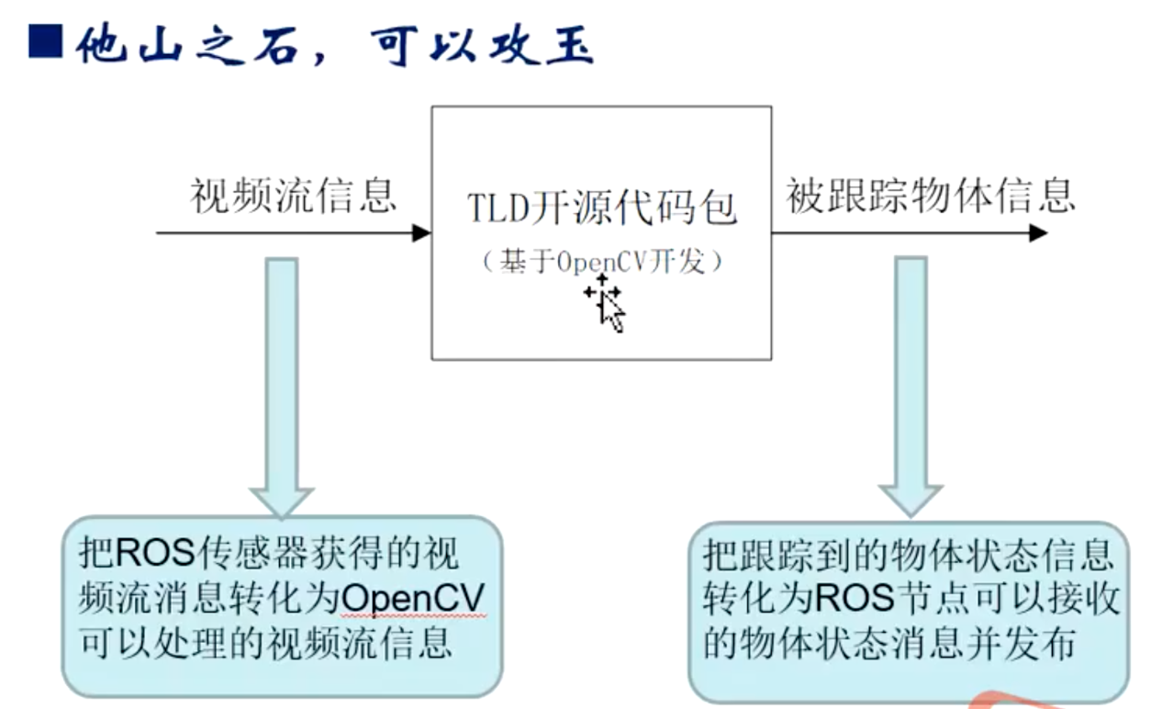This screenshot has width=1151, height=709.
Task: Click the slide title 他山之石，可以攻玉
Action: (334, 42)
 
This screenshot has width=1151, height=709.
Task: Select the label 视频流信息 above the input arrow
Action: (293, 196)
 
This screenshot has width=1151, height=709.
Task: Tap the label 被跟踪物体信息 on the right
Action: (930, 196)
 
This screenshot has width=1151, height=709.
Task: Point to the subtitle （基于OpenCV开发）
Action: (601, 262)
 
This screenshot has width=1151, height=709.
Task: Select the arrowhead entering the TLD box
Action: (422, 233)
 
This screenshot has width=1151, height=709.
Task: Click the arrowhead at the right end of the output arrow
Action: (1038, 233)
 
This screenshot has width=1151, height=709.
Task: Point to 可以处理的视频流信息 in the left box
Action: (266, 642)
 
